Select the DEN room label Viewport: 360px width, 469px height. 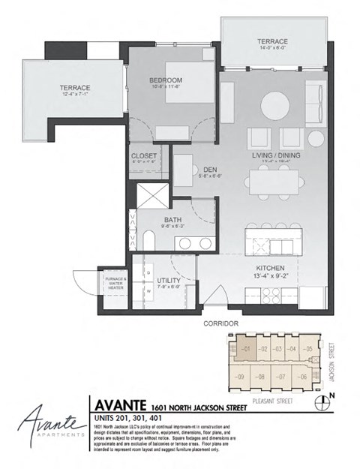[199, 170]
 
